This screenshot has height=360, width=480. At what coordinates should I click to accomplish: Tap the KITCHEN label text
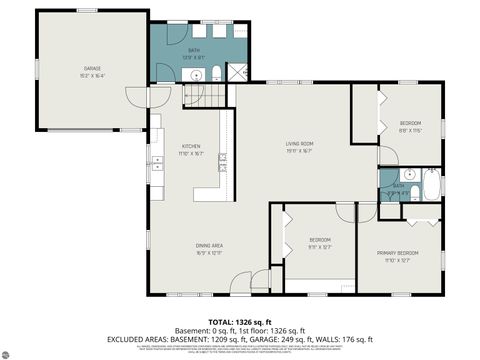(191, 146)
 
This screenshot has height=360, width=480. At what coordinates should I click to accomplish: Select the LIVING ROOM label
(300, 144)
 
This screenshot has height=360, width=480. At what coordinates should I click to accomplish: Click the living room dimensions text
(300, 152)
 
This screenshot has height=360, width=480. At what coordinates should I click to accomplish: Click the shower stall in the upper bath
(238, 71)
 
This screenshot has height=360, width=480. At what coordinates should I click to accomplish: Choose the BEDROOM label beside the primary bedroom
(319, 240)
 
